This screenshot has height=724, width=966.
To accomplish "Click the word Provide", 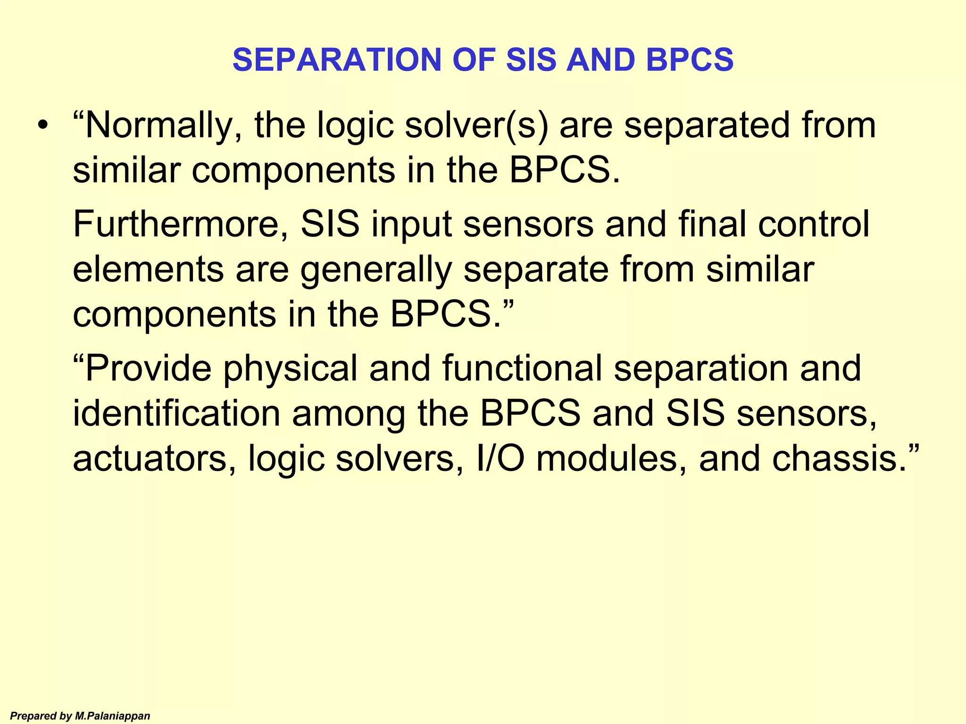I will [x=149, y=368].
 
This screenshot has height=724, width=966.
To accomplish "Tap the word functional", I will [x=522, y=368].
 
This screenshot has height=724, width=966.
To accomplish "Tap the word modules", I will [x=611, y=459].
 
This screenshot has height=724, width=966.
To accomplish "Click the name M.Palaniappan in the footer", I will [x=112, y=716].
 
